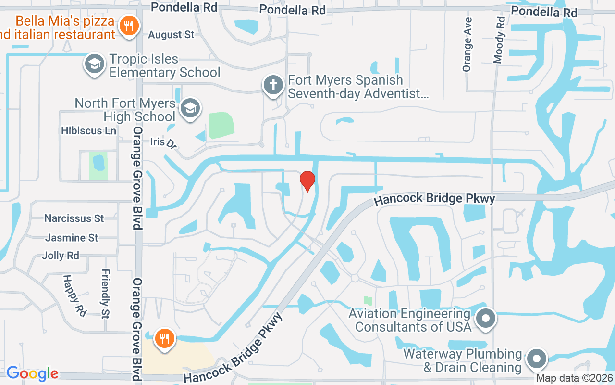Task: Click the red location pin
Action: (x=307, y=181)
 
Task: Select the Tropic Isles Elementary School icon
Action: (x=95, y=64)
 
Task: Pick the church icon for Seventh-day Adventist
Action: (x=273, y=86)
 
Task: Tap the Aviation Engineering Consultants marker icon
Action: (x=485, y=319)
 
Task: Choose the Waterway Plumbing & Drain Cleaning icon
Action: (x=537, y=359)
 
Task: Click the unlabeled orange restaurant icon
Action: (x=164, y=339)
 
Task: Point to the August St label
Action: (x=171, y=35)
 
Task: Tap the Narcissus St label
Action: (x=74, y=218)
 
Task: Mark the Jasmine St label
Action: (x=72, y=238)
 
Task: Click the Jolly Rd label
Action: (x=61, y=256)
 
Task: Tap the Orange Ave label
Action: (x=467, y=45)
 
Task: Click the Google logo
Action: (x=32, y=373)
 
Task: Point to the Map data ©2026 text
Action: (x=575, y=378)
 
